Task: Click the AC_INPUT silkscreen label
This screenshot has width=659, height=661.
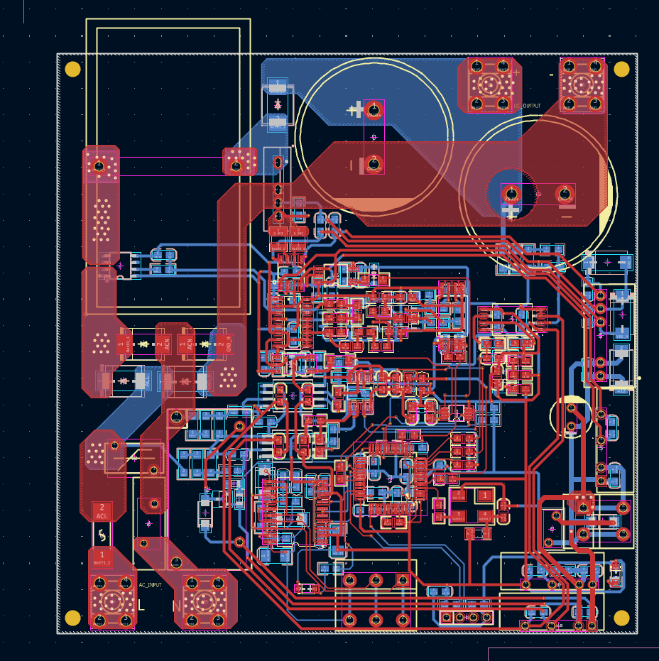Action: click(150, 585)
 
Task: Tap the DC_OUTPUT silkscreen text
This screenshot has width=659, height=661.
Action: click(527, 106)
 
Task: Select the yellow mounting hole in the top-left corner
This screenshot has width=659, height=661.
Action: click(72, 69)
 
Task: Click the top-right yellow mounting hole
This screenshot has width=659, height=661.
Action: click(621, 69)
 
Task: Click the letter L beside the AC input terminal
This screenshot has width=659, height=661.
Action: click(141, 606)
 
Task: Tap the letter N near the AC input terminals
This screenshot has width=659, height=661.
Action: click(176, 606)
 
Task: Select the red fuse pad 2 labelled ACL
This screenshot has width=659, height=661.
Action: click(102, 510)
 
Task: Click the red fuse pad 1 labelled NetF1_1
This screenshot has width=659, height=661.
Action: click(102, 557)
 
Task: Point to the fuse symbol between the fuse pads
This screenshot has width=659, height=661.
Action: click(102, 534)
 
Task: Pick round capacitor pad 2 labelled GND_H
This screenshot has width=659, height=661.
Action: click(374, 165)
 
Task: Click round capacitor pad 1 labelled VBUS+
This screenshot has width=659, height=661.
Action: click(374, 109)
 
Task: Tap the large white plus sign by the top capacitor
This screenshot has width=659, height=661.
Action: click(356, 109)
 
